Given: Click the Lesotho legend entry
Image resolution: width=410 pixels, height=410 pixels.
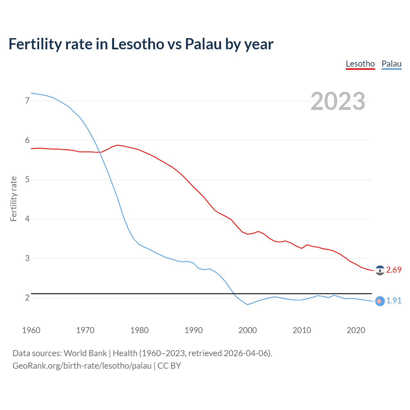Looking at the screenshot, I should point(360,64).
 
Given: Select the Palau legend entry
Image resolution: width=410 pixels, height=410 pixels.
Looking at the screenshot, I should point(391,64).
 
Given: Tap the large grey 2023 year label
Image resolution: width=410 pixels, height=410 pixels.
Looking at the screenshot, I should point(338,101).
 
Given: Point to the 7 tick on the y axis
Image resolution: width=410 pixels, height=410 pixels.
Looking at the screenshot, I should point(27,101).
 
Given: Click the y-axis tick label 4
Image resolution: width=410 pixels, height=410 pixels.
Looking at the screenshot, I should point(27,219).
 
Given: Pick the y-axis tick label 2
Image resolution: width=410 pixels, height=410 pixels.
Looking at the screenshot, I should point(27,298).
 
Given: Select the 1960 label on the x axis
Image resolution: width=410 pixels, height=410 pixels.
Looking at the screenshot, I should point(31,330).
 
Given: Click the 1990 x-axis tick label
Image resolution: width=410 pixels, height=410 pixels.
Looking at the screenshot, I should point(193,330).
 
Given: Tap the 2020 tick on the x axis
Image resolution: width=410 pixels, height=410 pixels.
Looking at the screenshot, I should point(356,330).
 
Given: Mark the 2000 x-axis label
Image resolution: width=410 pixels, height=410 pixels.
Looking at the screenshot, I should point(248,330).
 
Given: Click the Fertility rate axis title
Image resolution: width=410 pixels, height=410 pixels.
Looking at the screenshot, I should point(13,199).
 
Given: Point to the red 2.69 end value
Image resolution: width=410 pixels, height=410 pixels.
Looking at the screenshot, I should point(394,270).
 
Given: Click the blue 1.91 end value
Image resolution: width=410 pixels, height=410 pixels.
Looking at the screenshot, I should point(394,300).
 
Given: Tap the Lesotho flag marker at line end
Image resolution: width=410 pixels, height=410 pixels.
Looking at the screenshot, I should point(380,271).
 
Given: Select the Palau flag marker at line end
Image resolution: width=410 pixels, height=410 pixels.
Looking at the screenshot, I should point(380,301).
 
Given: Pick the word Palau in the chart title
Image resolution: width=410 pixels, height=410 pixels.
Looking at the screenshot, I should point(203,44).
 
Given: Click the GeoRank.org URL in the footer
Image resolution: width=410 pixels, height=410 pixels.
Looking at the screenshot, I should point(82,366).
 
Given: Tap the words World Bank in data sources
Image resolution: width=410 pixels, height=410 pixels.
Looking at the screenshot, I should point(85,353).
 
